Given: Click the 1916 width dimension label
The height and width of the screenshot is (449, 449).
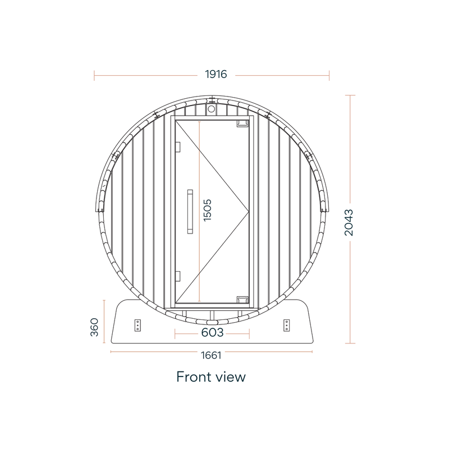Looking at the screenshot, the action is [216, 74].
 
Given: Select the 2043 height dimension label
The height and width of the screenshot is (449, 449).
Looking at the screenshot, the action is [349, 222].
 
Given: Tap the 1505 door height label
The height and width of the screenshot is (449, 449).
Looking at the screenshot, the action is [207, 210].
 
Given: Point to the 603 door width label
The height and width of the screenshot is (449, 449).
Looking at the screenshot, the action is [212, 332].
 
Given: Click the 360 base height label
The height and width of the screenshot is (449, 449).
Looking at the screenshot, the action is [94, 327].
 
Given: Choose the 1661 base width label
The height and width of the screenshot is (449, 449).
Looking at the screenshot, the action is [211, 355].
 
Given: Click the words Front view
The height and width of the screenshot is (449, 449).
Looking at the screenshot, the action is [211, 377].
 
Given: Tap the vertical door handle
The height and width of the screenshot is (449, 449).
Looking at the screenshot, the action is [190, 212].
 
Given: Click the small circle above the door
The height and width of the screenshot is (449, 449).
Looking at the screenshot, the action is [212, 109].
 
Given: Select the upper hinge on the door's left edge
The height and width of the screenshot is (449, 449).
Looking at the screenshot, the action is [178, 147].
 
